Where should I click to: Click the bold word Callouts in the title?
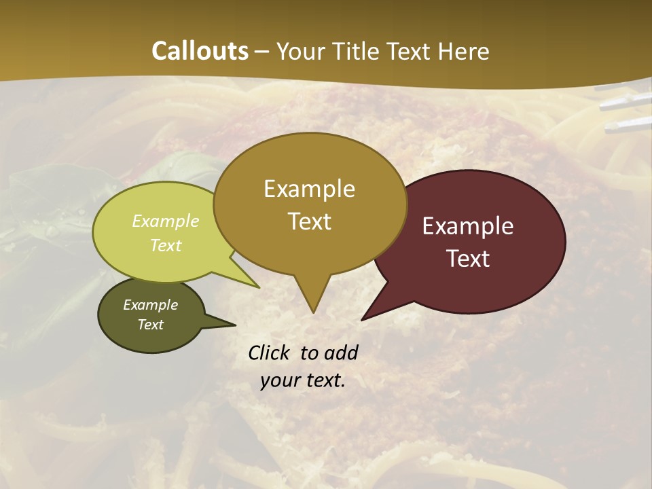point(200,51)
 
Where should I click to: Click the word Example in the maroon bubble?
point(468,226)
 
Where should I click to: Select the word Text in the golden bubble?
point(310,221)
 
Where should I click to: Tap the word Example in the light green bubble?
point(166,221)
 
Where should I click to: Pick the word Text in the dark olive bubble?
point(151,325)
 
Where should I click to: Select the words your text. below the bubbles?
point(303,380)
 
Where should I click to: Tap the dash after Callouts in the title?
point(262,51)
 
